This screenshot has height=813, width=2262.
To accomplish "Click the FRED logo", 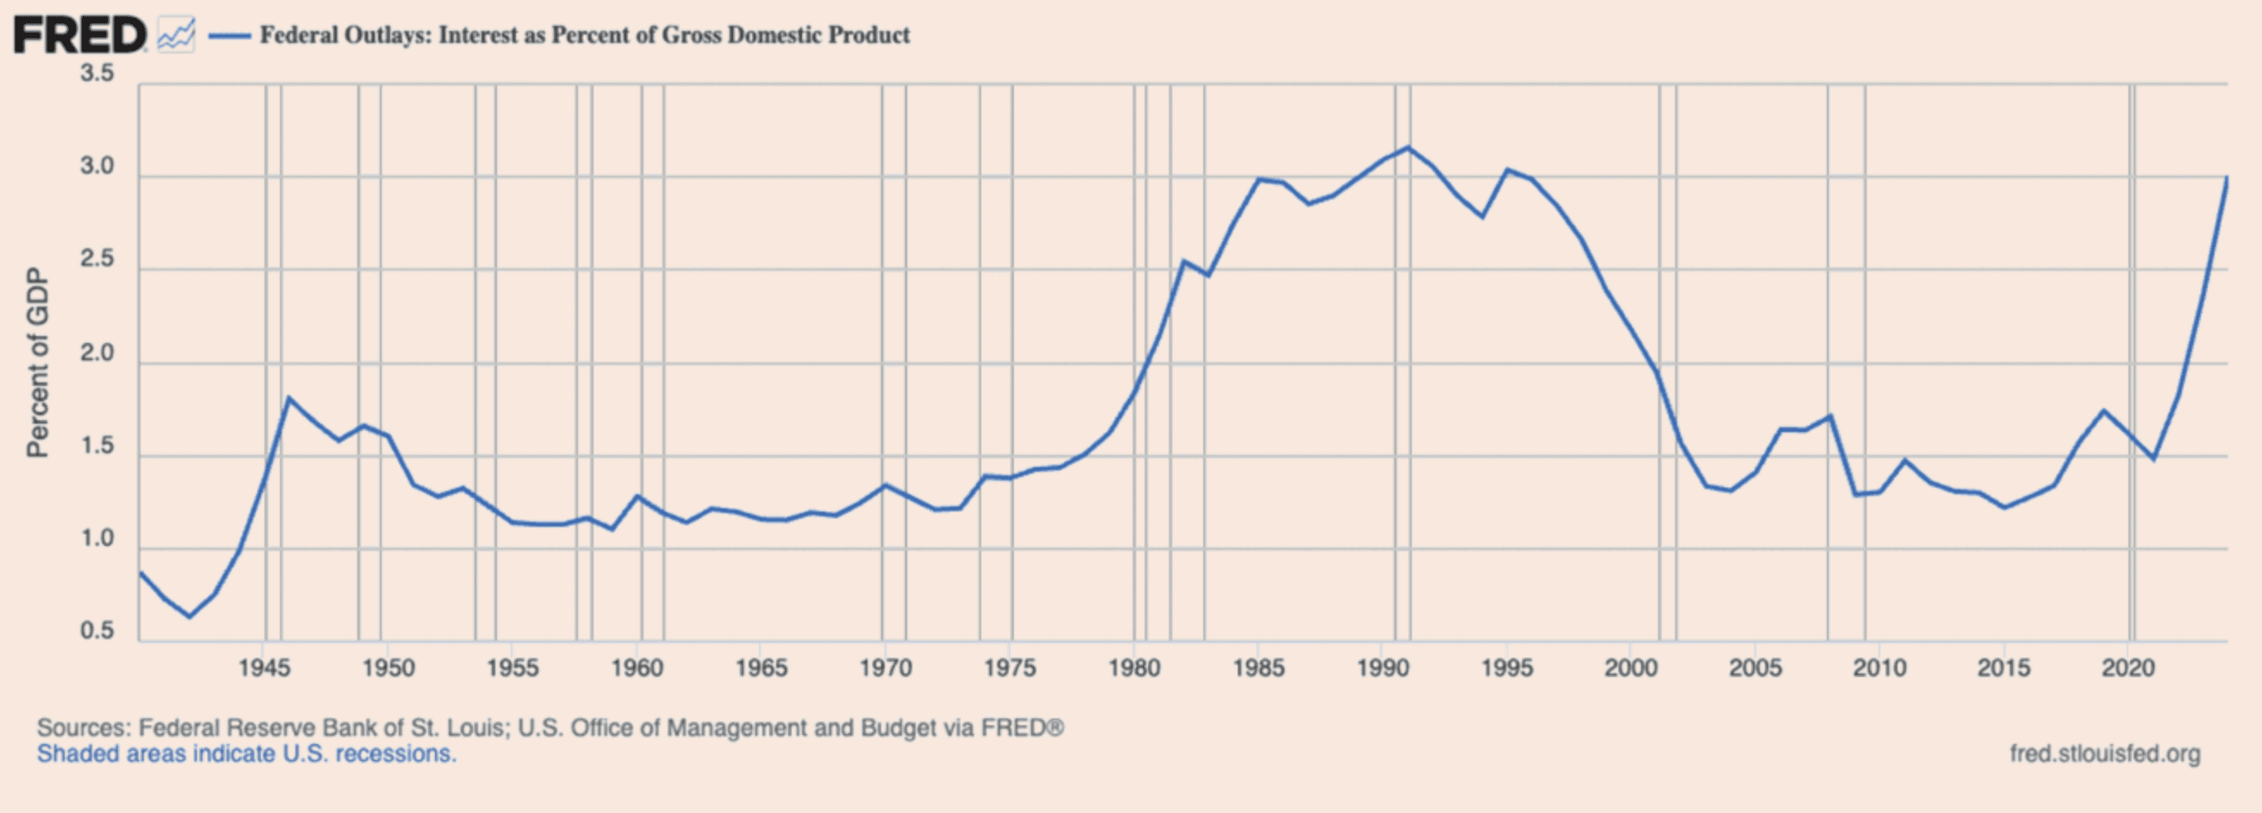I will click(79, 36).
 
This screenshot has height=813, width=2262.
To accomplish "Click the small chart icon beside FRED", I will click(177, 36).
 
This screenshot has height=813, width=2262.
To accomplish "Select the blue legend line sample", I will click(229, 36).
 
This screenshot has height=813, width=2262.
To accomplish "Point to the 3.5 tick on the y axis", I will click(96, 73).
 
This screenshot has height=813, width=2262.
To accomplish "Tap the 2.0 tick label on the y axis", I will click(96, 353).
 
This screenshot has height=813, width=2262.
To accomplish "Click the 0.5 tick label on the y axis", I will click(96, 630).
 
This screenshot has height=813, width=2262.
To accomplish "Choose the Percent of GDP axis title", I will click(37, 362).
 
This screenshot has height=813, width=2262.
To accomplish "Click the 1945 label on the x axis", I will click(264, 668).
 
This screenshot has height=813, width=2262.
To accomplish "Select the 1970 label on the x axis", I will click(886, 668).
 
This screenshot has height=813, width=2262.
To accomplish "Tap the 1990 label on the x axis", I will click(1383, 668).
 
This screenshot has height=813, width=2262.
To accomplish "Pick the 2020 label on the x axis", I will click(2128, 668).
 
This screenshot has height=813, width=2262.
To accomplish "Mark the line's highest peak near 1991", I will click(1408, 147).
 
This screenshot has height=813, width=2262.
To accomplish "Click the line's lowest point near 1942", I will click(189, 617).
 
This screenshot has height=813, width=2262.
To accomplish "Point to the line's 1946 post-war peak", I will click(288, 398).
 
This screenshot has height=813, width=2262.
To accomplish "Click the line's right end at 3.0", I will click(2227, 178).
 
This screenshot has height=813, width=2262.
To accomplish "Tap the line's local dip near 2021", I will click(2153, 458).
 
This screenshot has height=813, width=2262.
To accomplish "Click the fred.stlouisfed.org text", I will click(2105, 754).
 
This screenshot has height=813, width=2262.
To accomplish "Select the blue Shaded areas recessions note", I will click(246, 754).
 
